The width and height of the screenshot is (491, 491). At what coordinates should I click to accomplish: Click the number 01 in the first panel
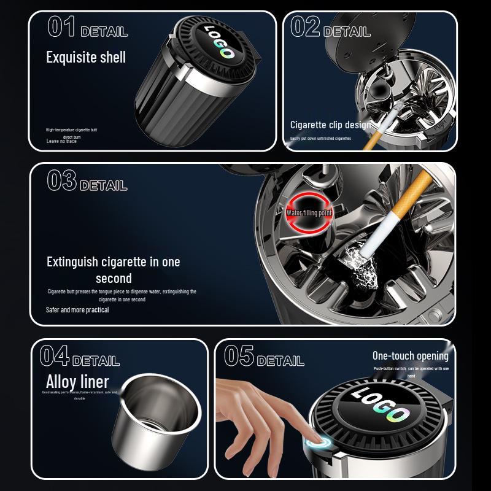[61, 27]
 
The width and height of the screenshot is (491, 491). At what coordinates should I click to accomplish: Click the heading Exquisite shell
[86, 58]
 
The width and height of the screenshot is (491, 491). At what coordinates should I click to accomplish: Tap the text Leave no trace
[61, 141]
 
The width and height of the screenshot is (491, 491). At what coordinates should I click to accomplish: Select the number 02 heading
[305, 27]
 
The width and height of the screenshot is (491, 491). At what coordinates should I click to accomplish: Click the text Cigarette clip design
[330, 125]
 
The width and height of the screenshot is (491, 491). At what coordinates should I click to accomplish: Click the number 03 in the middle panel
[61, 181]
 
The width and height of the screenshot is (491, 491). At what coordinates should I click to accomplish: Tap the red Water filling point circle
[309, 213]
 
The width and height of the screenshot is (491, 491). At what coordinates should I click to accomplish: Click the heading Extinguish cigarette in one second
[114, 269]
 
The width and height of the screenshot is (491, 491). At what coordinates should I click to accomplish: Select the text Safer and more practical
[77, 310]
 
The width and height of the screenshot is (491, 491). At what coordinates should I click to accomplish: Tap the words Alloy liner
[77, 381]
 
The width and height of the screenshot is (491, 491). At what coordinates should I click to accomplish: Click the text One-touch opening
[410, 356]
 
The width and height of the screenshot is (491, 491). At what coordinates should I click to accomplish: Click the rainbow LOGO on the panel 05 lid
[381, 405]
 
